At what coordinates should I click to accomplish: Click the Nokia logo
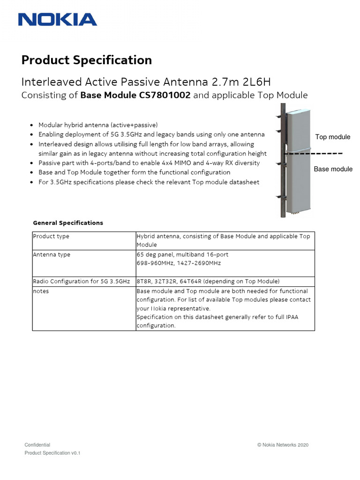(57, 19)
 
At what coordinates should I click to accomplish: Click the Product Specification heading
(87, 60)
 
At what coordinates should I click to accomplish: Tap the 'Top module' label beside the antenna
(332, 137)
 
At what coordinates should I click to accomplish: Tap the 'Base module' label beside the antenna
(333, 169)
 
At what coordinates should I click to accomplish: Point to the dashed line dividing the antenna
(314, 153)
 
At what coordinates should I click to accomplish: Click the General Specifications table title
(68, 223)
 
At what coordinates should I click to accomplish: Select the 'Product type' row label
(51, 236)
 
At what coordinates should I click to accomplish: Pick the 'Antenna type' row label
(52, 255)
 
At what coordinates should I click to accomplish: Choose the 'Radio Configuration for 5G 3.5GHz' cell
(81, 281)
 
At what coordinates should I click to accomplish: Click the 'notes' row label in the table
(41, 291)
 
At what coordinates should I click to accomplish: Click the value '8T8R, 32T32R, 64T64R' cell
(208, 281)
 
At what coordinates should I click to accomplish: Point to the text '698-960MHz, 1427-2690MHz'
(179, 263)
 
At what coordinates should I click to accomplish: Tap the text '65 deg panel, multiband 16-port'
(182, 255)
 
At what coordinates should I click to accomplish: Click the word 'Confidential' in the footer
(37, 445)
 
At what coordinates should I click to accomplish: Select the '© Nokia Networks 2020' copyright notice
(283, 445)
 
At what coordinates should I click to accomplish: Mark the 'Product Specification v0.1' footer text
(52, 453)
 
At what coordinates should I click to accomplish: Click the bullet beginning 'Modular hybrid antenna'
(98, 125)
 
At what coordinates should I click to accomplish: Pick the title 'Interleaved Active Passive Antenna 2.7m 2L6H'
(146, 82)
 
